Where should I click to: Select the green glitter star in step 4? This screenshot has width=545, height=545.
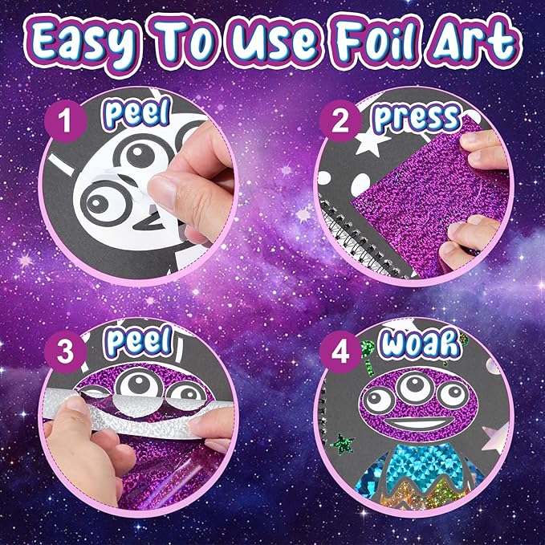[x=344, y=442]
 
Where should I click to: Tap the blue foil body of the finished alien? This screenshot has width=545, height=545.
[x=409, y=482]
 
